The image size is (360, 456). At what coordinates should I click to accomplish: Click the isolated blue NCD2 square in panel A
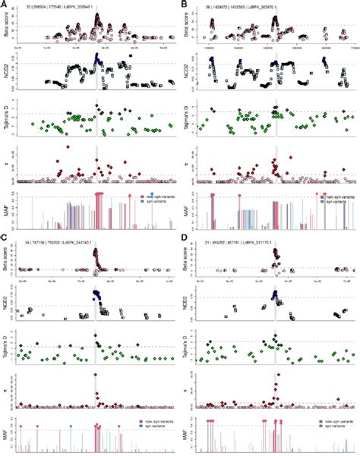click(x=132, y=56)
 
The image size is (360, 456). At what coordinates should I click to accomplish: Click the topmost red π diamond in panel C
click(x=95, y=376)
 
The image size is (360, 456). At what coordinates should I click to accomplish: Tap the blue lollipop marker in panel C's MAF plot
click(x=71, y=426)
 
